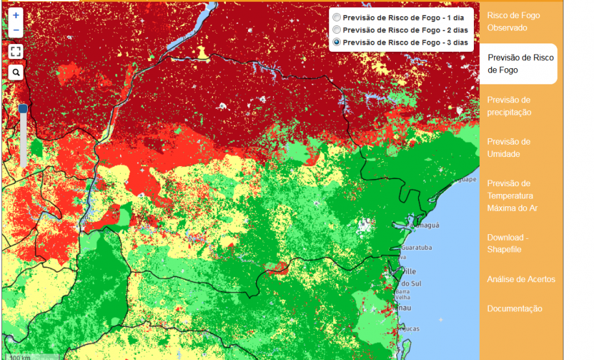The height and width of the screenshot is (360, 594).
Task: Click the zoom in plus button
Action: tap(16, 15)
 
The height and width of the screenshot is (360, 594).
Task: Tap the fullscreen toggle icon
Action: tap(16, 51)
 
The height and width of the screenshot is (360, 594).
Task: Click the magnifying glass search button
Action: tap(16, 73)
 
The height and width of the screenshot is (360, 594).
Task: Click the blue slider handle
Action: tap(23, 109)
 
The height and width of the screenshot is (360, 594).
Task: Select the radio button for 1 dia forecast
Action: tap(336, 17)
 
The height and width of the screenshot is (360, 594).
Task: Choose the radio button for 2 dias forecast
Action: tap(336, 30)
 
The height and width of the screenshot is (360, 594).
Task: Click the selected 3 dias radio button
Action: tap(336, 42)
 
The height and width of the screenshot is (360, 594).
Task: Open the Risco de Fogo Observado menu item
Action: tap(513, 21)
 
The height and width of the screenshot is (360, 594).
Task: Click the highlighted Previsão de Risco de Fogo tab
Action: tap(520, 64)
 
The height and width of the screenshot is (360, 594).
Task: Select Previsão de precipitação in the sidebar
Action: tap(509, 106)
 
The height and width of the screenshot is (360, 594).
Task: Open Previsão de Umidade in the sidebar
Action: tap(508, 148)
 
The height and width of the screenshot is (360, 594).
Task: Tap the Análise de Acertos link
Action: tap(521, 279)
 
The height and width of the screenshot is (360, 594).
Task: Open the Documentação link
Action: tap(514, 309)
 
